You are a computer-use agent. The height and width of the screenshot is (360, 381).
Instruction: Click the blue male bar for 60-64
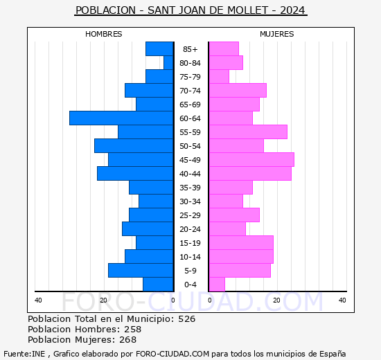click(x=121, y=118)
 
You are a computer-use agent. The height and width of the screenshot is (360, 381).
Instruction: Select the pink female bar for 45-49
click(x=251, y=160)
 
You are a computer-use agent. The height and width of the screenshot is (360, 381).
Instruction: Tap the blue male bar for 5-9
click(x=141, y=271)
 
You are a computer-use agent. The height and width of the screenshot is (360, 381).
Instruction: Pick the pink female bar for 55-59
click(x=247, y=132)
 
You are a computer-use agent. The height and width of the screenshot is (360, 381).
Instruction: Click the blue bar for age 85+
click(x=159, y=49)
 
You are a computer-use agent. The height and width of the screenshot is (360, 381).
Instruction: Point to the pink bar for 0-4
click(x=216, y=285)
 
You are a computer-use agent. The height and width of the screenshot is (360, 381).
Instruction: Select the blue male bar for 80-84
click(x=168, y=63)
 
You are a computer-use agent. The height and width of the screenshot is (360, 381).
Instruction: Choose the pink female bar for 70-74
click(x=237, y=91)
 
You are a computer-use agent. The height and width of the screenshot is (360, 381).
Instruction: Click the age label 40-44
click(x=190, y=174)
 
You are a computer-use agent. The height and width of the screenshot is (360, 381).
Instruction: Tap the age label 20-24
click(x=190, y=229)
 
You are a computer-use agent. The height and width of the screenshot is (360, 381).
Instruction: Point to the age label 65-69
click(x=190, y=105)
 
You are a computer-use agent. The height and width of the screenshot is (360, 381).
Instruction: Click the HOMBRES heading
click(x=104, y=34)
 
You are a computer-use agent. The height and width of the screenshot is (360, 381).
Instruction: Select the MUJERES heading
click(x=276, y=34)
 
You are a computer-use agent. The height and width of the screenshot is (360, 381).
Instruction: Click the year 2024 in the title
click(x=293, y=11)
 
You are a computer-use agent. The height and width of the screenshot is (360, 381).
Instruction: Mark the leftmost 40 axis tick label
click(x=38, y=300)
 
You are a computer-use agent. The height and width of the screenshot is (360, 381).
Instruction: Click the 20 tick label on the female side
click(x=276, y=300)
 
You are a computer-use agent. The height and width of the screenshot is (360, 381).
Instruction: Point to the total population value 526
click(x=186, y=319)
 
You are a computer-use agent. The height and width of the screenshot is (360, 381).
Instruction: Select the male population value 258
click(x=132, y=330)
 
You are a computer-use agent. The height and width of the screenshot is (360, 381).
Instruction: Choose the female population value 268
click(x=127, y=340)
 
